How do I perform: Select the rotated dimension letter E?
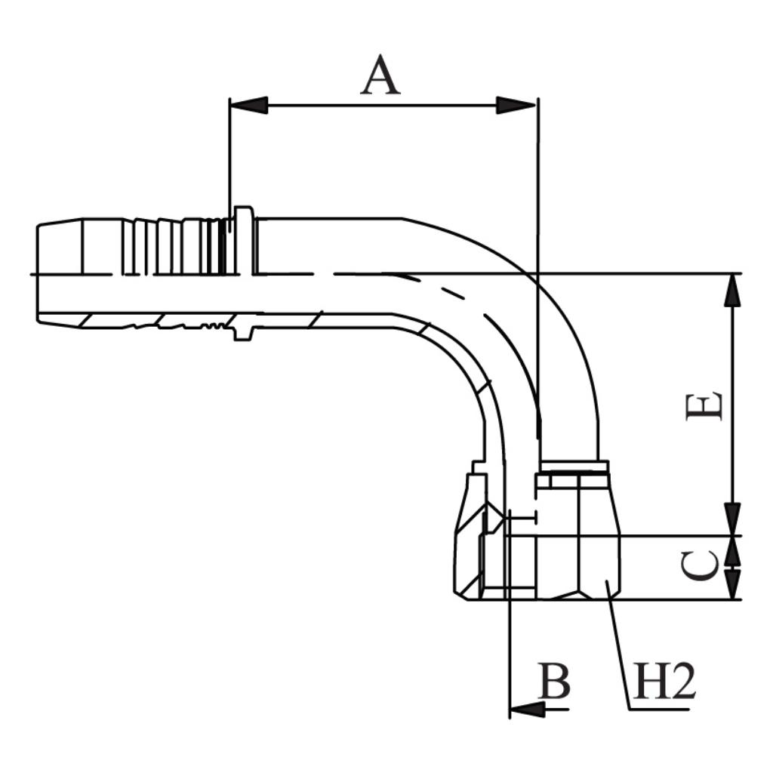[704, 406]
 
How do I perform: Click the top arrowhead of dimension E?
[731, 291]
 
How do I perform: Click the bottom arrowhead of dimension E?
[731, 519]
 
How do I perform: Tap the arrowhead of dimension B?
[527, 709]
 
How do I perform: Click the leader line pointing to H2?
[619, 649]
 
